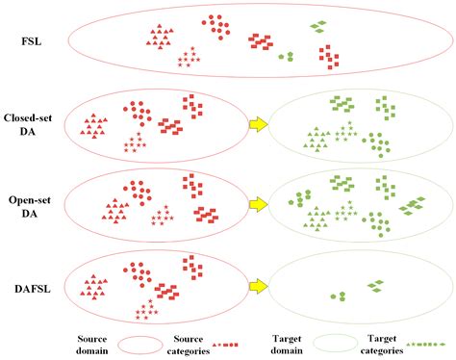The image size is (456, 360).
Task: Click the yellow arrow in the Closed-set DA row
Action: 258,123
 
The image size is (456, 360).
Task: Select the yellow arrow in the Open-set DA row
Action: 258,204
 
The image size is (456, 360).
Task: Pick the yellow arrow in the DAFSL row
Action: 258,285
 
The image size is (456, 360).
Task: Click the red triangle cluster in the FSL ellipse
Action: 160,37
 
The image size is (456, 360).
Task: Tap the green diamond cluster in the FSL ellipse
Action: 318,26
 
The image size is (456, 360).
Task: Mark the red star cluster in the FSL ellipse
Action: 190,59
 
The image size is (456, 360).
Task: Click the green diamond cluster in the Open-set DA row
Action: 413,204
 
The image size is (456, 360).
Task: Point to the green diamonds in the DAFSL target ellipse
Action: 376,285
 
